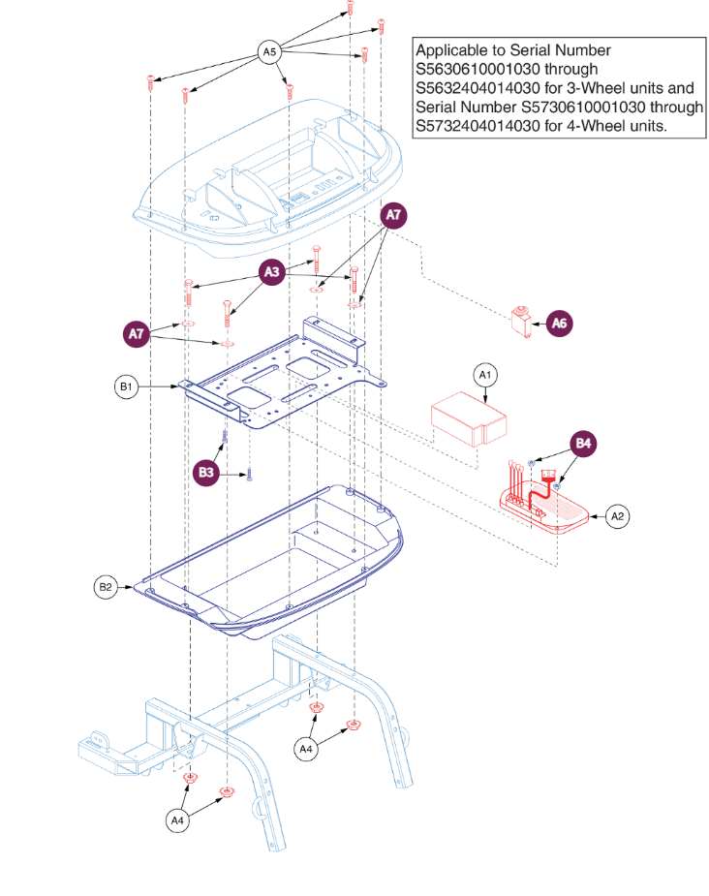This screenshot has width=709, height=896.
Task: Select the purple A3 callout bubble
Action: [x=272, y=274]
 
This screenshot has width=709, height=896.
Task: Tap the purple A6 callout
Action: [x=559, y=324]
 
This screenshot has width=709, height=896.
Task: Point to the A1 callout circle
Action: [x=485, y=374]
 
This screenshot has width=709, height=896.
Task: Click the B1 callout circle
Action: [x=124, y=387]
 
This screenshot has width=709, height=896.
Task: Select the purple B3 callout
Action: [x=206, y=472]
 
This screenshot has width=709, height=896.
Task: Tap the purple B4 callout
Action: [x=584, y=445]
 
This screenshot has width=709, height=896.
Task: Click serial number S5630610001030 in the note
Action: [x=476, y=69]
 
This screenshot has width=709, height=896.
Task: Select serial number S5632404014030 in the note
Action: [x=476, y=88]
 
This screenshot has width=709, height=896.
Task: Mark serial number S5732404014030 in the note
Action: [x=476, y=126]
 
